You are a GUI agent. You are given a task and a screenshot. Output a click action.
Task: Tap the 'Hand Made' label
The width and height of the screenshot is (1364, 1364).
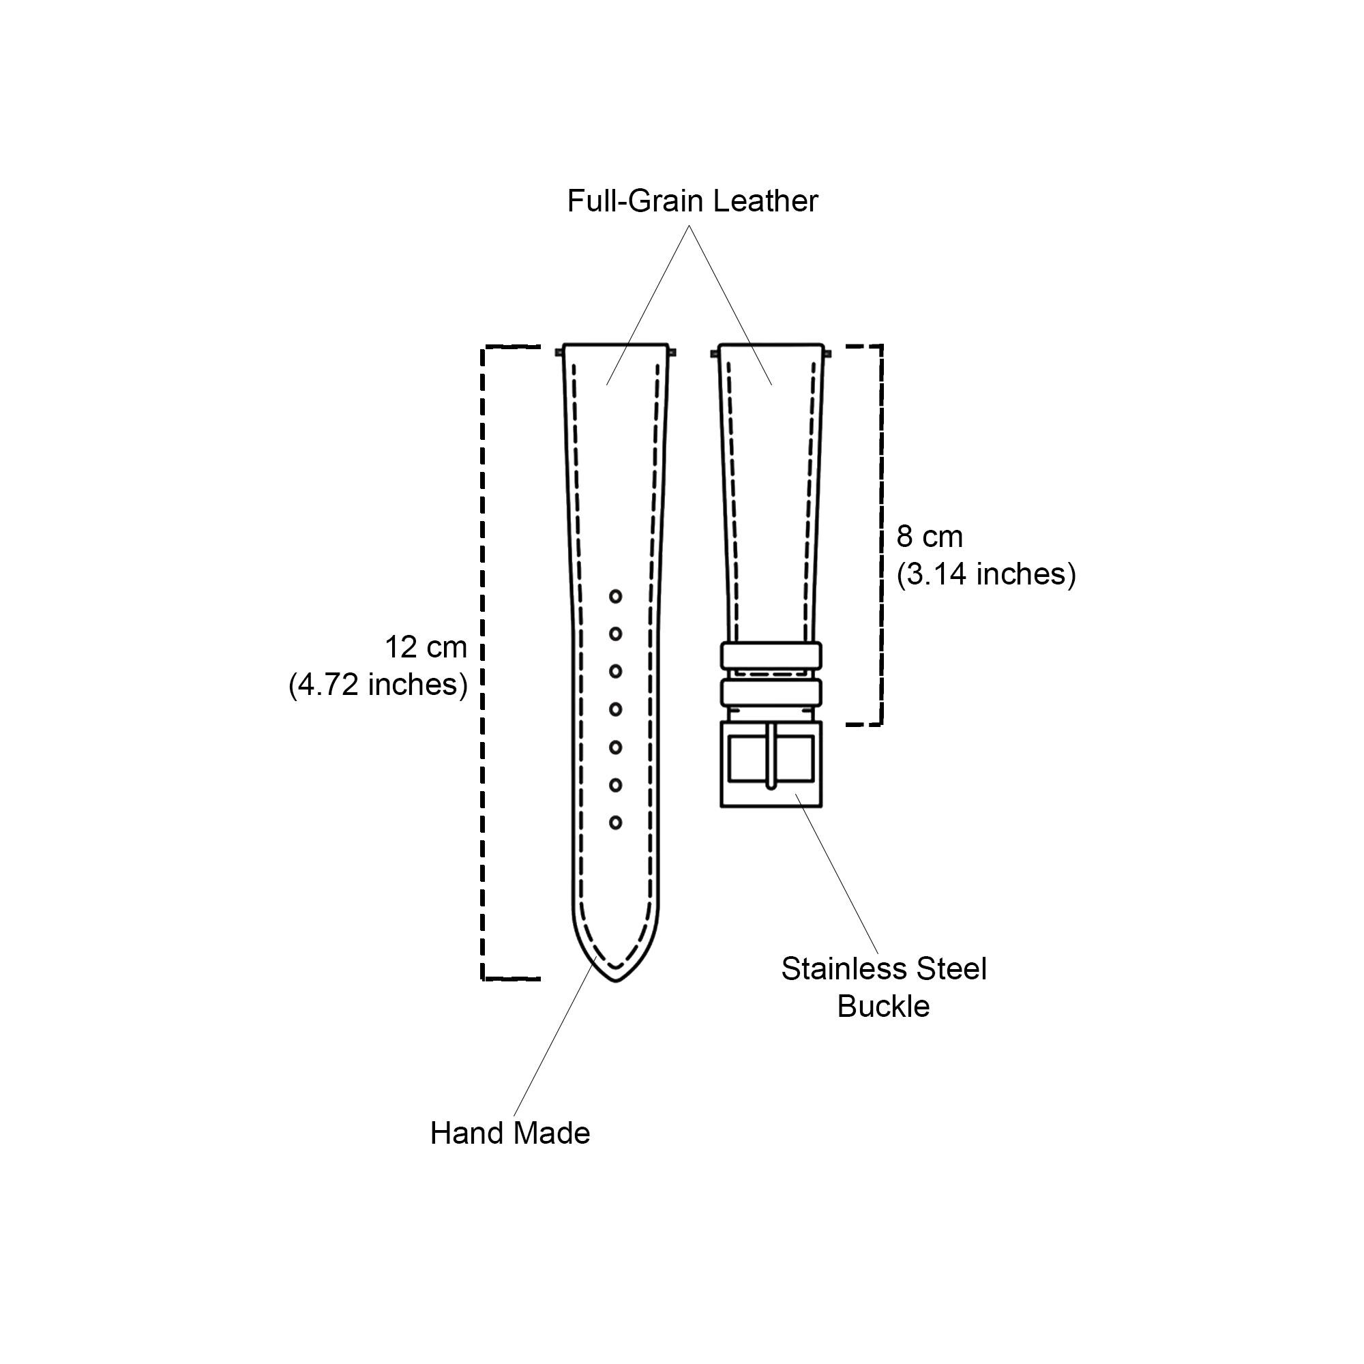pos(509,1133)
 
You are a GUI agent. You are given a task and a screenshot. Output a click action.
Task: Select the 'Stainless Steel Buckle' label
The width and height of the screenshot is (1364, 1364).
pos(883,987)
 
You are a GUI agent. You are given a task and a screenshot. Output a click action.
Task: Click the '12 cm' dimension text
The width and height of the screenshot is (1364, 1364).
pos(426,647)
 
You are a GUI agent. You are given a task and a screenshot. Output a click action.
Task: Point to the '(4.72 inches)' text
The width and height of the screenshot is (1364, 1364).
pos(378,685)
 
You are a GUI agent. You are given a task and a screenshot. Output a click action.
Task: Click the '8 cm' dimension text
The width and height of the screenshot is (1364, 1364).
pos(929,537)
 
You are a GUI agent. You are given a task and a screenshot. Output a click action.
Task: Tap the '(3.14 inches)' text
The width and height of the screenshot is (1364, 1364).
pos(986,575)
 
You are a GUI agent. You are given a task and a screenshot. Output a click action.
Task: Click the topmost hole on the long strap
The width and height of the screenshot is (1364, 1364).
pos(616,597)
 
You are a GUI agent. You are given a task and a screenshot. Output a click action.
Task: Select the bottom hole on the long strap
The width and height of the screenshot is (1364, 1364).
pos(616,822)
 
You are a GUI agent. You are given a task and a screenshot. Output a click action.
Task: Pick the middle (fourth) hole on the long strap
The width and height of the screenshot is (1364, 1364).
pos(616,709)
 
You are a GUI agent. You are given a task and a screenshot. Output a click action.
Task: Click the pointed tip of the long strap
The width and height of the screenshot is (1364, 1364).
pos(616,981)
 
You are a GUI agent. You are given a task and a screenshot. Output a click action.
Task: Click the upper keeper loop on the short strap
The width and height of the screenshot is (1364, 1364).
pos(771,655)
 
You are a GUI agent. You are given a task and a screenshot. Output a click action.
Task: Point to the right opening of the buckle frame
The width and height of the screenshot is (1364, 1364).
pos(795,758)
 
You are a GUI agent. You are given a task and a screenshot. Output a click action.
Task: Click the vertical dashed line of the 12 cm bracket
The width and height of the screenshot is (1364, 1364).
pos(483,663)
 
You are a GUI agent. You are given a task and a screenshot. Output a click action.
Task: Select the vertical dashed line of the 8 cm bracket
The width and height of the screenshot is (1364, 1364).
pos(880,535)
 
